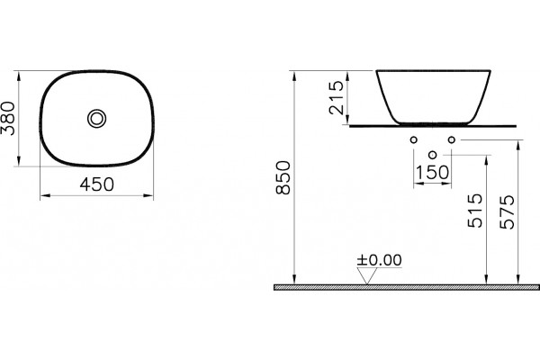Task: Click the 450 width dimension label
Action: pos(97,184)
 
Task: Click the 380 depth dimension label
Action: pos(8,118)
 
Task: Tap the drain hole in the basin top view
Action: pos(97,119)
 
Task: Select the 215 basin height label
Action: pos(337,97)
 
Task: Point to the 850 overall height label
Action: pos(284,178)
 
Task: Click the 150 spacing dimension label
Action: pos(433,172)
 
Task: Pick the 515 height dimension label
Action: pos(475,211)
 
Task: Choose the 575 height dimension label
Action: pos(508,212)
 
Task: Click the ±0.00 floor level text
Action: pos(379,260)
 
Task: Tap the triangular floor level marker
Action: pos(367,276)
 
